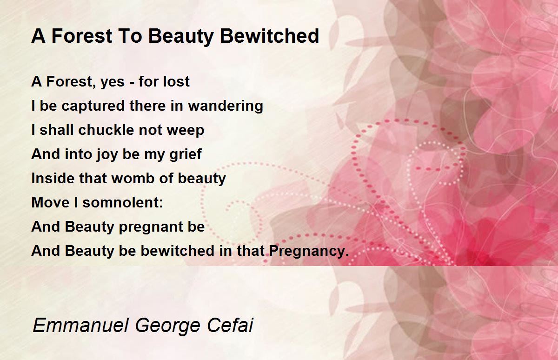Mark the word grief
pyautogui.click(x=186, y=154)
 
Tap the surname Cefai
pyautogui.click(x=230, y=325)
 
